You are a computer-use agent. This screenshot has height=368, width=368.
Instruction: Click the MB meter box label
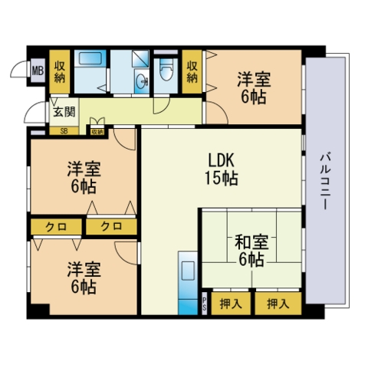tap(38, 71)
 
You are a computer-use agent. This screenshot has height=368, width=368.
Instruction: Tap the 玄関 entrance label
tap(64, 112)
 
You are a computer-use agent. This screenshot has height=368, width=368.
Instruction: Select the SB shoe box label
tap(64, 132)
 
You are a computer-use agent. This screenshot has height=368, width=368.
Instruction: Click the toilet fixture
tap(166, 70)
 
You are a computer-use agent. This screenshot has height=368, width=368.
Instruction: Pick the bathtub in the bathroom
tap(90, 58)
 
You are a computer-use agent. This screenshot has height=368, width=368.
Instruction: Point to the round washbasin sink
tap(141, 80)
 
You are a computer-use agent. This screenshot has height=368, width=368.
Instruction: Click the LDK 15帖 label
tap(222, 169)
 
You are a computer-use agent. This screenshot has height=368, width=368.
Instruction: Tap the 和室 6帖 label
tap(251, 251)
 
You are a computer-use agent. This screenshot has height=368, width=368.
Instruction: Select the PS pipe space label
tap(205, 304)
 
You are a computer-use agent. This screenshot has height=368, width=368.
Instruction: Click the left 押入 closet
tap(231, 304)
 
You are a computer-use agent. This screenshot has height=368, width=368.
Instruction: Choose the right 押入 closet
tap(278, 304)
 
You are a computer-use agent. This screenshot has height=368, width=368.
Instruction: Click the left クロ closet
tap(56, 227)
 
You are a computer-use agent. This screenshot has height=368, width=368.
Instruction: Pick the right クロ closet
tap(111, 227)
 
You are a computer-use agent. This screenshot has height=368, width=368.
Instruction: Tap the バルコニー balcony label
tap(325, 181)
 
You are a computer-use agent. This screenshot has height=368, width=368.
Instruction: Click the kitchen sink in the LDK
tap(188, 271)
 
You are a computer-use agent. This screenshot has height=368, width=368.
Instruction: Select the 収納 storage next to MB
tap(60, 71)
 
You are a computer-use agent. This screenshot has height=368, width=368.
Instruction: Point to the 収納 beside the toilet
tap(192, 71)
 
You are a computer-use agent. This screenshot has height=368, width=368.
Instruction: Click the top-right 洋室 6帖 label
tap(254, 87)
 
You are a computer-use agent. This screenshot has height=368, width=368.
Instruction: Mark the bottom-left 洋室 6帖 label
tap(84, 278)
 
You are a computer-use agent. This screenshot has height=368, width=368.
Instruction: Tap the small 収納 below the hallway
tap(97, 132)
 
